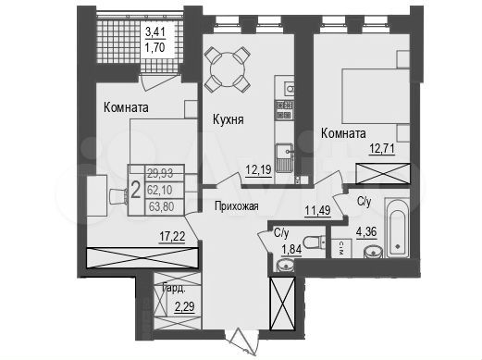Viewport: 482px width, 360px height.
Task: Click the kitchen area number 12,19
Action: point(258,168)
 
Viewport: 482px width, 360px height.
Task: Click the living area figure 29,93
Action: point(163,172)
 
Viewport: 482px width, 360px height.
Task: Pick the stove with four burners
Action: point(284,112)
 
